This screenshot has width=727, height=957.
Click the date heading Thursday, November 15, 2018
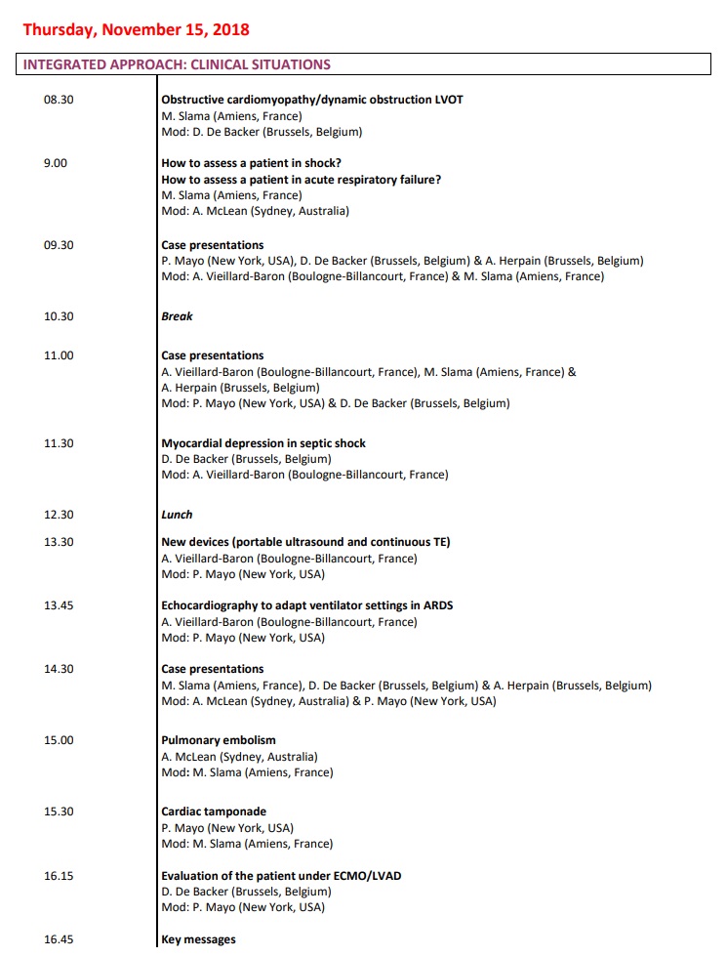coord(136,29)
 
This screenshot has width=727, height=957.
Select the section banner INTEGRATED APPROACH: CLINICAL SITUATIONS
coord(177,65)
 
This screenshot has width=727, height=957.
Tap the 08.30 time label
coord(59,100)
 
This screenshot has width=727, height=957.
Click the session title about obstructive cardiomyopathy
coord(311,100)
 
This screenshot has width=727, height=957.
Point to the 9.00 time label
coord(56,163)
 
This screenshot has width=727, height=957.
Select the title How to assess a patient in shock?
coord(251,163)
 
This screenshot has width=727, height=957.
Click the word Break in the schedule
coord(177,316)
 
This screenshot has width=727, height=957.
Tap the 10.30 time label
coord(59,316)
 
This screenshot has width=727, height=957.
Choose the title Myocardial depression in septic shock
coord(263,443)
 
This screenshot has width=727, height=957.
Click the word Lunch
coord(177,515)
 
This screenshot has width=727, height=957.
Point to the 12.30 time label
coord(59,515)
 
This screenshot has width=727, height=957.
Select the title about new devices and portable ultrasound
coord(305,542)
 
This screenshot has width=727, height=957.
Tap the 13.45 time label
coord(59,605)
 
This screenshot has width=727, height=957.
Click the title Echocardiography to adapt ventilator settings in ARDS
coord(306,605)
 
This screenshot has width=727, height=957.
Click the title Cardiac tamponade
coord(214,811)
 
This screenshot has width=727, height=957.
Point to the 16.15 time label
coord(59,876)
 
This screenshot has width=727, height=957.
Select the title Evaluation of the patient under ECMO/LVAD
coord(281,876)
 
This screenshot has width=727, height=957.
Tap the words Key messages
coord(198,939)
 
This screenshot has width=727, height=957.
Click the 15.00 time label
coord(59,740)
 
